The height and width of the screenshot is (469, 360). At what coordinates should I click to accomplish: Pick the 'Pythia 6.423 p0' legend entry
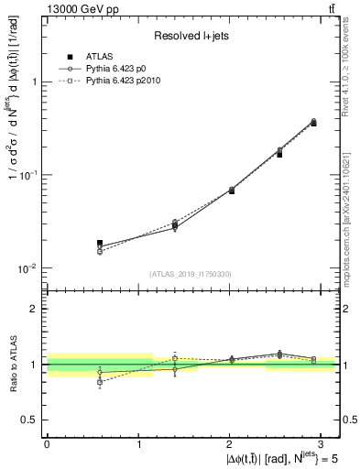(119, 69)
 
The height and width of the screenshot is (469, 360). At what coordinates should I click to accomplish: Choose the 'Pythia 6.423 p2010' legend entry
(126, 81)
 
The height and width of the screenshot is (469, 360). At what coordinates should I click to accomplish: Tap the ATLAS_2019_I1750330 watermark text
(190, 274)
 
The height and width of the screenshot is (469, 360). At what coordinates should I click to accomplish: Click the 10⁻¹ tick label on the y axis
(29, 175)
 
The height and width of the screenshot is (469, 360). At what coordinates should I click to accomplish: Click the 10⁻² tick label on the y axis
(29, 268)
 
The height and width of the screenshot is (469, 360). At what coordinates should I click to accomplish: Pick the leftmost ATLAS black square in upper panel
(100, 243)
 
